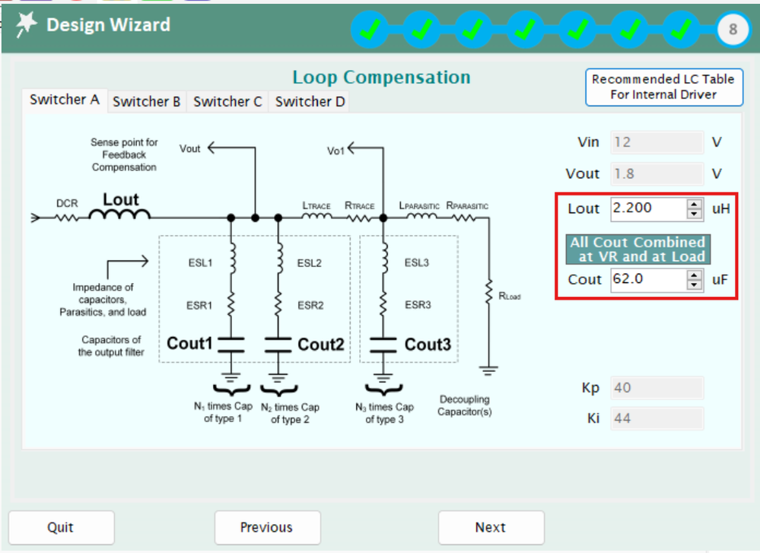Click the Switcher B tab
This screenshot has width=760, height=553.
click(x=146, y=101)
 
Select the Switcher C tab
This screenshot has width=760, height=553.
click(x=227, y=101)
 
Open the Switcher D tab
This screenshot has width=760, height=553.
click(x=310, y=101)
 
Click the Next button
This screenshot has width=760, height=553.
click(x=491, y=527)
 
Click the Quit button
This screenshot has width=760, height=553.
click(x=61, y=527)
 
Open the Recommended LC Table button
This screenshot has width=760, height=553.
click(x=663, y=87)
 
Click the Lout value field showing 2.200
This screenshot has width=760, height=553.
click(x=647, y=208)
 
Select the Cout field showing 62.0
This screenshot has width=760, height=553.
click(x=647, y=279)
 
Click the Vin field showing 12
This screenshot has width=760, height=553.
click(x=657, y=142)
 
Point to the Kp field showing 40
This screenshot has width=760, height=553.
click(x=657, y=388)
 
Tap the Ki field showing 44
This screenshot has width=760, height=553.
click(x=657, y=418)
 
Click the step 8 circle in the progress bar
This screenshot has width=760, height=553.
click(x=733, y=30)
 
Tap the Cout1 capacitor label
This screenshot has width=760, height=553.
click(x=190, y=344)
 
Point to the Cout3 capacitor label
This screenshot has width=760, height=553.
click(x=428, y=345)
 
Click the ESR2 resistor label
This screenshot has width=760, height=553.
click(x=310, y=305)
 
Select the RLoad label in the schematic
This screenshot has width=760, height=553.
click(x=510, y=297)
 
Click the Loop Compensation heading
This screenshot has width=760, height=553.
click(x=381, y=78)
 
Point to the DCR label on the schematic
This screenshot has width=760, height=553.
click(x=66, y=204)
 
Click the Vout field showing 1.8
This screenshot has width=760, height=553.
click(x=657, y=173)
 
